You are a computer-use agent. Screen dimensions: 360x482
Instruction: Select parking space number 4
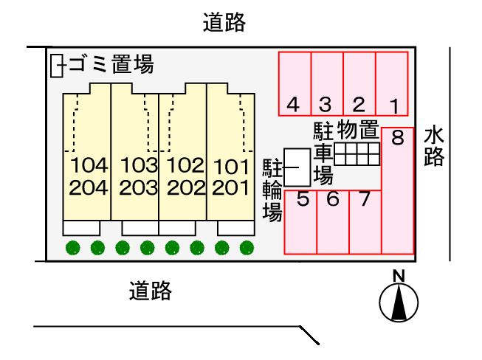click(x=295, y=84)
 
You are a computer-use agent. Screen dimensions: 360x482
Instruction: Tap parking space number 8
click(x=398, y=190)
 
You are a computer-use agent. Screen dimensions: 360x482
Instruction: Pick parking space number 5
click(x=301, y=221)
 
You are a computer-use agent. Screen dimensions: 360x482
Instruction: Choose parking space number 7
click(x=365, y=221)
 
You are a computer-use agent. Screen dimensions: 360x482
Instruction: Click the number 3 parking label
click(x=326, y=105)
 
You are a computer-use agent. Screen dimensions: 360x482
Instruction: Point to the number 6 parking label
click(x=332, y=198)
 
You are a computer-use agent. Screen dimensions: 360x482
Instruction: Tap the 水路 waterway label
click(x=434, y=146)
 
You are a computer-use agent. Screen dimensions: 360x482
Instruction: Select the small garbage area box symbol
click(x=57, y=66)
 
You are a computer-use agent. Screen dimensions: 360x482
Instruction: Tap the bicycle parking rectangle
click(x=297, y=168)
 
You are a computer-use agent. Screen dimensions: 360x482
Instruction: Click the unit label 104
click(x=89, y=164)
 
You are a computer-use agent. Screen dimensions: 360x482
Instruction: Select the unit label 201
click(x=230, y=187)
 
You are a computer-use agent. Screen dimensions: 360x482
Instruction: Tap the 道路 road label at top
click(x=224, y=24)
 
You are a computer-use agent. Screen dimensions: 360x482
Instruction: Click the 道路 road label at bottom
click(x=150, y=291)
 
